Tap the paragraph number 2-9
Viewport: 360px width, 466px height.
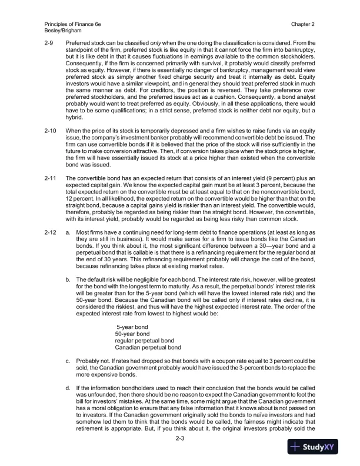click(x=50, y=44)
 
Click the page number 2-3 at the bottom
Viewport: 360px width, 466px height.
click(x=180, y=445)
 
